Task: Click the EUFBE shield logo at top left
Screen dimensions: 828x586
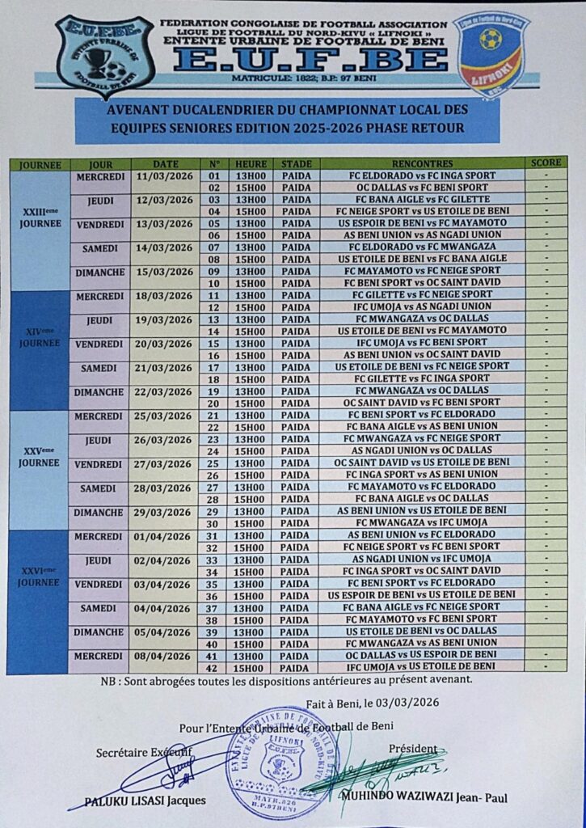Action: coord(105,58)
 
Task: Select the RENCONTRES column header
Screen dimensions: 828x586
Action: coord(420,163)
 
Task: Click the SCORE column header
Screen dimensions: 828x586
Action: coord(546,163)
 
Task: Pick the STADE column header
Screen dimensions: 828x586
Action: coord(297,163)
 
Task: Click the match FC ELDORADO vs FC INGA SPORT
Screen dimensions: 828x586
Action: coord(420,175)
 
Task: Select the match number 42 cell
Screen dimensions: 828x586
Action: coord(214,667)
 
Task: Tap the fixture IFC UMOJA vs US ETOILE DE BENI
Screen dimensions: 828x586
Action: coord(420,667)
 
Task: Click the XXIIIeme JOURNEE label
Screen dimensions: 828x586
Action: coord(40,218)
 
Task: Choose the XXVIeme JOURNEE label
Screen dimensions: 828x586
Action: coord(40,577)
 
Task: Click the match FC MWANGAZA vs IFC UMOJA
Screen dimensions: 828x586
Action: coord(420,522)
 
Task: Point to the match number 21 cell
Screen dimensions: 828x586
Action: coord(214,415)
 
